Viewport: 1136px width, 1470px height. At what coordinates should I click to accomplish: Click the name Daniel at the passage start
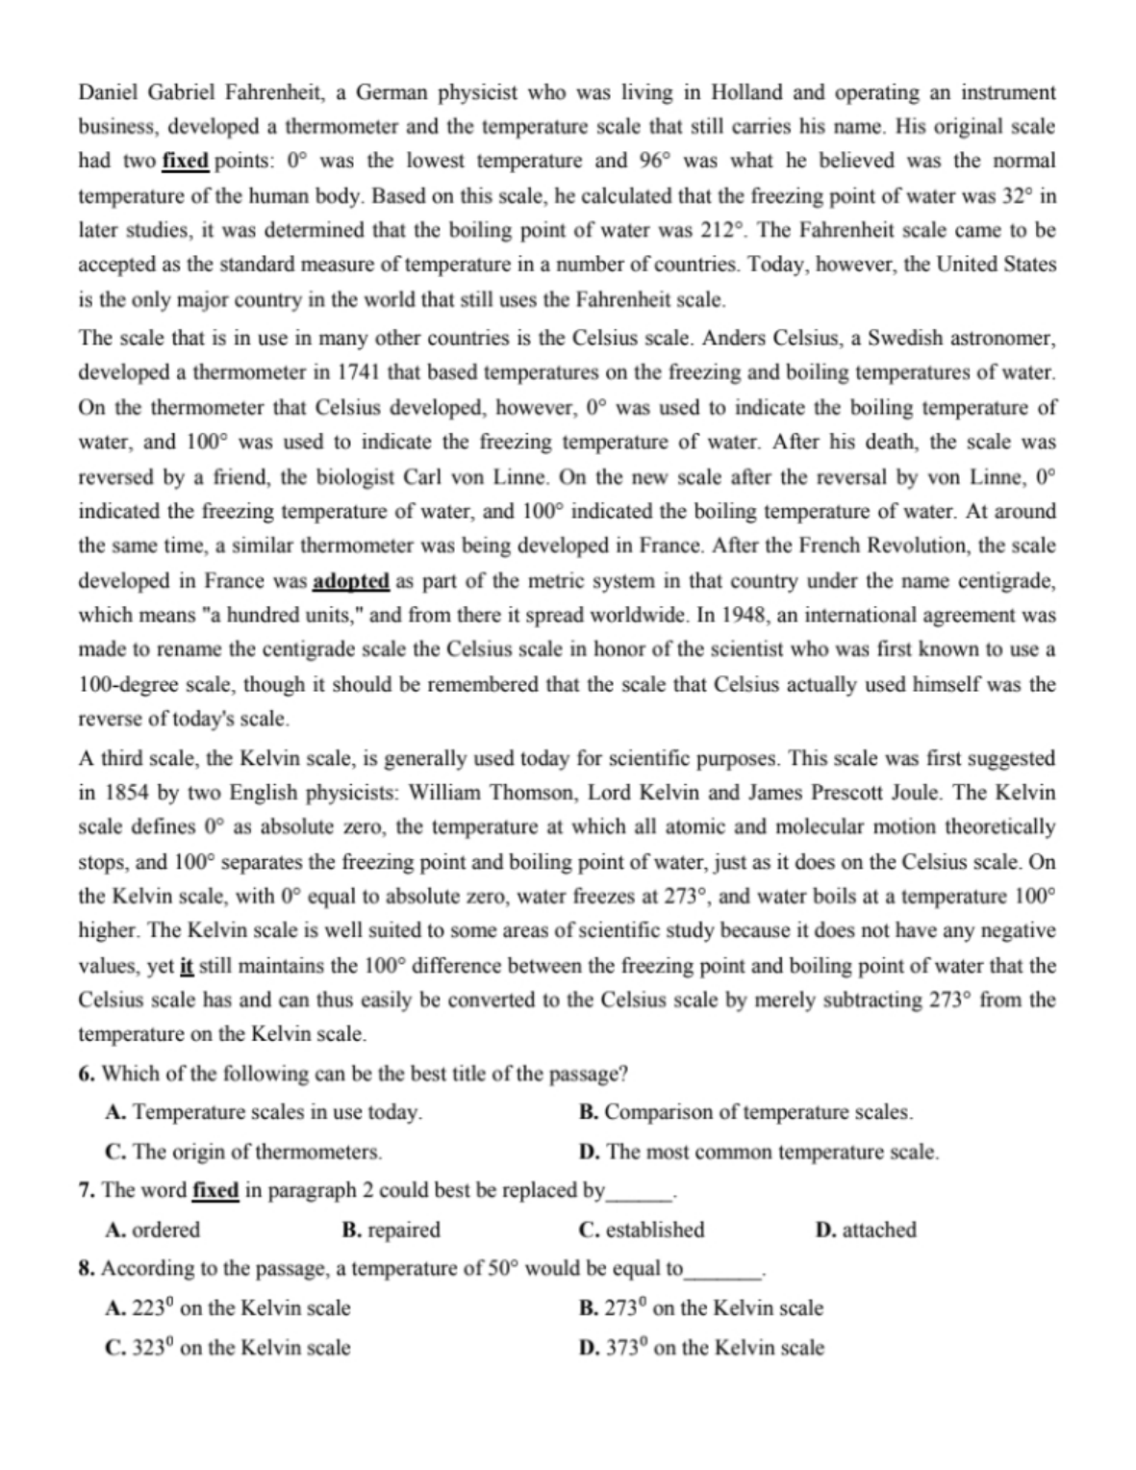[x=110, y=92]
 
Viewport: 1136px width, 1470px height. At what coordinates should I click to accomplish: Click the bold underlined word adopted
[x=351, y=581]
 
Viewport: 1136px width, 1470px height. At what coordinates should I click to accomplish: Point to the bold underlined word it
[x=188, y=965]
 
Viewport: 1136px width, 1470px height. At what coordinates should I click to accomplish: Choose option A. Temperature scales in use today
[x=264, y=1112]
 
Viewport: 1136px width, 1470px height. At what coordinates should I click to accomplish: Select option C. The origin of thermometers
[x=244, y=1152]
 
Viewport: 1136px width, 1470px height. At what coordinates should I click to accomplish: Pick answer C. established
[x=642, y=1229]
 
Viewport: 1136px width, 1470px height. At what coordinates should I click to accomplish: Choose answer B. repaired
[x=391, y=1229]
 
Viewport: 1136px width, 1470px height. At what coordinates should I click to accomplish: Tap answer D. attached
[x=865, y=1229]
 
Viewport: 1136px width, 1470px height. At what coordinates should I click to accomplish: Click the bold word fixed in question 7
[x=215, y=1190]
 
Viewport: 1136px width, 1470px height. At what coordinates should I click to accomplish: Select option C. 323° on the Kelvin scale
[x=228, y=1347]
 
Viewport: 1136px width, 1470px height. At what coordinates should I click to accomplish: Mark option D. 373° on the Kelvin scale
[x=701, y=1347]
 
